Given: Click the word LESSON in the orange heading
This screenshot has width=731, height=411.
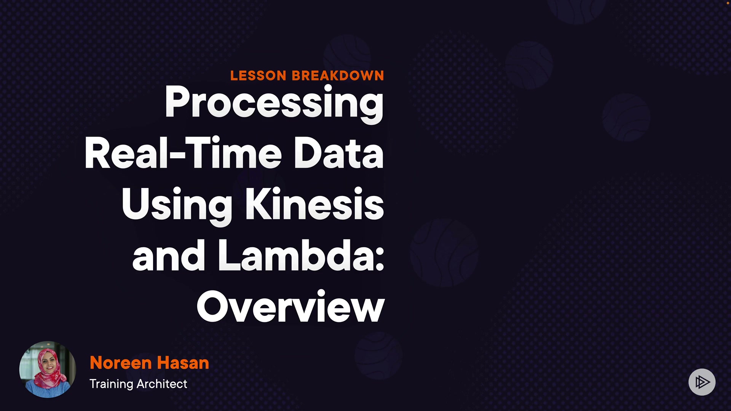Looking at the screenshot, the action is tap(258, 75).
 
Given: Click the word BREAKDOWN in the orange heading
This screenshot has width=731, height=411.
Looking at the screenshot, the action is tap(338, 75).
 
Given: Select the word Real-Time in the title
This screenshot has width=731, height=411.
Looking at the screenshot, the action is tap(183, 153).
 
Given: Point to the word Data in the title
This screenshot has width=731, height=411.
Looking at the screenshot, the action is tap(338, 153).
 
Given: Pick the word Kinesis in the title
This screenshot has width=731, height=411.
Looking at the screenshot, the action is tap(314, 204).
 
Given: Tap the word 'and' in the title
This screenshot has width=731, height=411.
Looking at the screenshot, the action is tap(169, 256).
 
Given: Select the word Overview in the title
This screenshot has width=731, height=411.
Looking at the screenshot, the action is tap(290, 307).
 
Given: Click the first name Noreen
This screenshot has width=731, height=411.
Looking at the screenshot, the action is tap(121, 363).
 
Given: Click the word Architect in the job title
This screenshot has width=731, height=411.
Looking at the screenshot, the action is tap(162, 384).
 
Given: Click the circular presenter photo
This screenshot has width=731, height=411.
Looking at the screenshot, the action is tap(48, 370).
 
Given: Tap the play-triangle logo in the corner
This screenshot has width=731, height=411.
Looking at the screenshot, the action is tap(702, 382).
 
